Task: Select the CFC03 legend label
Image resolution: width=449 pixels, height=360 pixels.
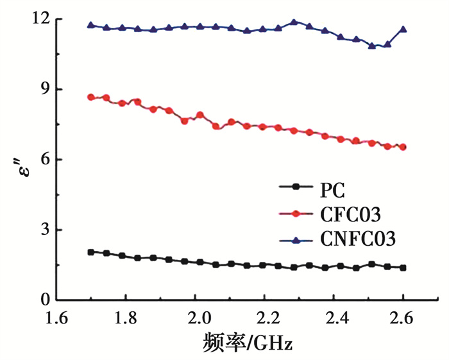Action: [348, 214]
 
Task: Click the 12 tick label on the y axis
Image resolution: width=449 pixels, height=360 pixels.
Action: [41, 19]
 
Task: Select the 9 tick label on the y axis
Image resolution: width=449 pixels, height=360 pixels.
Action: [45, 89]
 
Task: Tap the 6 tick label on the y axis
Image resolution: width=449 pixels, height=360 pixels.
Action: [45, 160]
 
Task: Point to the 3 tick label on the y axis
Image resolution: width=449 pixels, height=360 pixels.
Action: [45, 230]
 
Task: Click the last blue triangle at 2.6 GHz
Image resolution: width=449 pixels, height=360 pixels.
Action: [403, 29]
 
